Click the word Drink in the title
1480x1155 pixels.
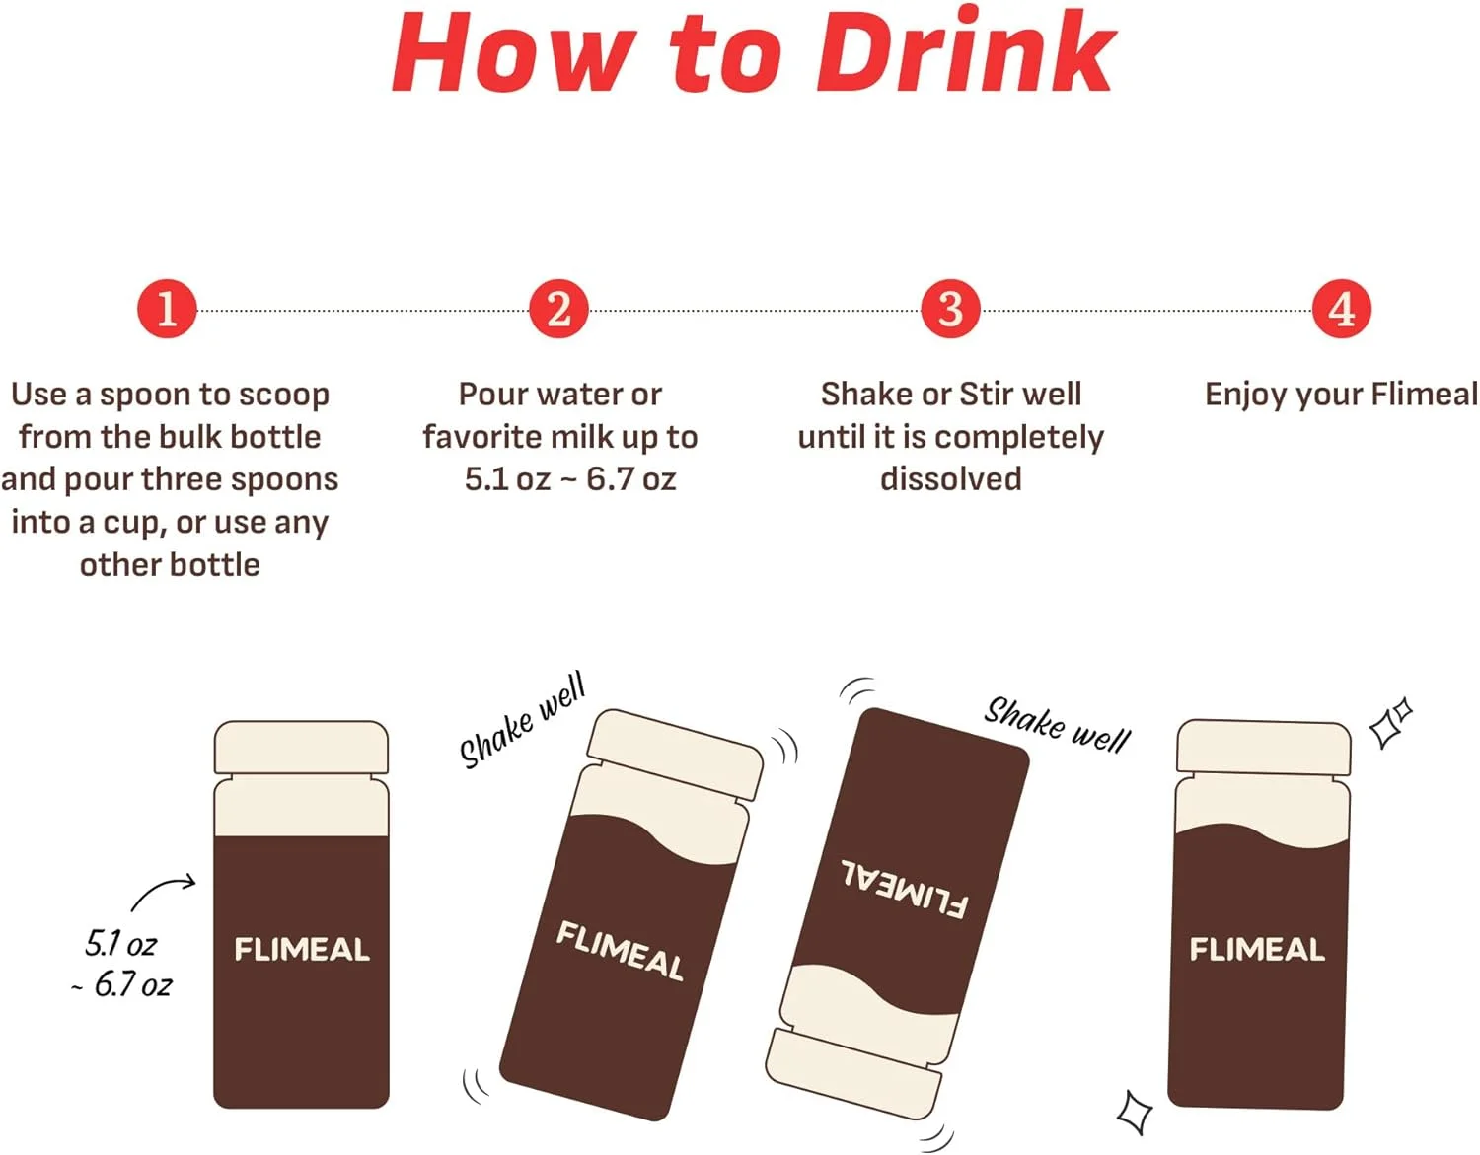[965, 51]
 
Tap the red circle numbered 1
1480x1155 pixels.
[167, 309]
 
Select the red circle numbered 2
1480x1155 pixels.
[558, 309]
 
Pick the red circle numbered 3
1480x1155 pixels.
[951, 309]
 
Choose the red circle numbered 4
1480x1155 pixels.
[1342, 309]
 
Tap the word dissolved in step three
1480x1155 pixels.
[951, 479]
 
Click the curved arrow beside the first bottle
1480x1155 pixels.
[163, 891]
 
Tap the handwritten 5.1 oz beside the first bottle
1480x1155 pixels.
[120, 944]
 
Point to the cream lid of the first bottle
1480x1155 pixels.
[301, 748]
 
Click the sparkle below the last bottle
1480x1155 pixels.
[1135, 1113]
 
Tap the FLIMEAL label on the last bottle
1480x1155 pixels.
[1257, 949]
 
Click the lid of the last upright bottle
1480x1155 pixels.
[1263, 748]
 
